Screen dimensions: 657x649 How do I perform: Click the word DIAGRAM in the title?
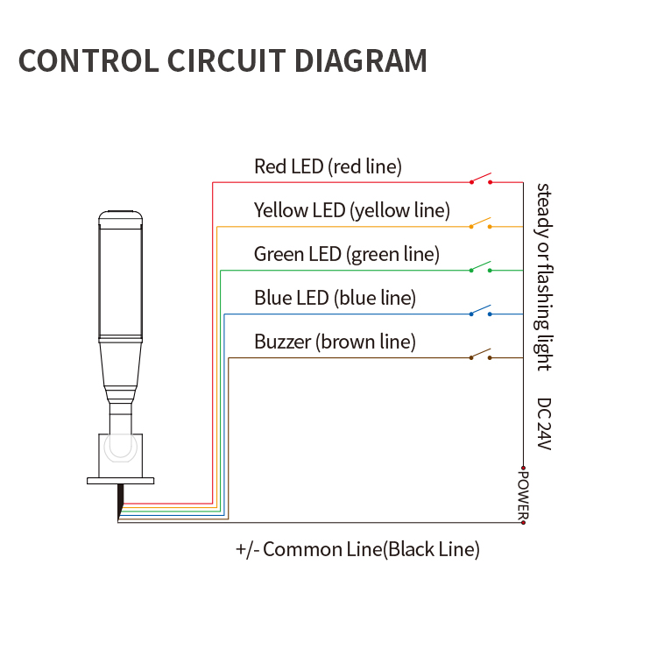361,60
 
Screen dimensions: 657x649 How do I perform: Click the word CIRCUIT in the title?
226,60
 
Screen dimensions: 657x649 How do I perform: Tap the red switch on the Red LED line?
481,179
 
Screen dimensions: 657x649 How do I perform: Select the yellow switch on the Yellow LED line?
481,222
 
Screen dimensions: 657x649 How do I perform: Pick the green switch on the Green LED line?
481,266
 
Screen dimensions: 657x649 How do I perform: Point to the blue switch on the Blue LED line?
481,310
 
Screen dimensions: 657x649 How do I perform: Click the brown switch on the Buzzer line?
481,354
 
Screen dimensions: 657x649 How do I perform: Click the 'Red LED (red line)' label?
328,166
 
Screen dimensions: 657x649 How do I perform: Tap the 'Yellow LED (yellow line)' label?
352,210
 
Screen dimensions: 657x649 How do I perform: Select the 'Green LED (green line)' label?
347,254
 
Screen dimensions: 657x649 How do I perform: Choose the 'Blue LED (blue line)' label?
336,298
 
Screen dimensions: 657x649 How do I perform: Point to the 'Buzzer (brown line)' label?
336,342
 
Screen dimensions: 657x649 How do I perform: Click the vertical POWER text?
523,495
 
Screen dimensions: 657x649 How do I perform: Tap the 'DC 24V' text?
544,424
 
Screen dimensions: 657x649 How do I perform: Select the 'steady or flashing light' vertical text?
544,277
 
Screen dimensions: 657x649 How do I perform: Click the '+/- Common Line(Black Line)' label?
357,549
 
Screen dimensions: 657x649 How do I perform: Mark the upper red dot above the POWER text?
523,468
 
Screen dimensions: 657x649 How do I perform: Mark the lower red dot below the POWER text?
523,523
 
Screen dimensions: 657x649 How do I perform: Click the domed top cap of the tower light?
121,219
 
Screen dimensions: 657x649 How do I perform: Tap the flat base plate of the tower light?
121,481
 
